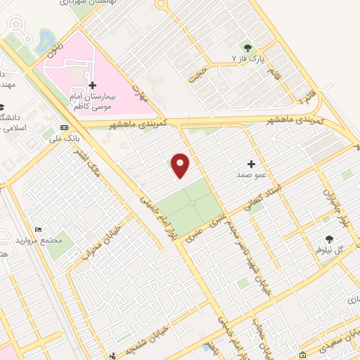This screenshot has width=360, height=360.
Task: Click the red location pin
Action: [x=181, y=165]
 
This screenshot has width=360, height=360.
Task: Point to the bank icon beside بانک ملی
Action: [x=64, y=128]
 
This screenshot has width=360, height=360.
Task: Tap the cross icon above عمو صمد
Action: [x=250, y=163]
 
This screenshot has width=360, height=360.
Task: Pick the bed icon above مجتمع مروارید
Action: [x=38, y=230]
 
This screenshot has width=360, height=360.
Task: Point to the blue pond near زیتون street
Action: [x=46, y=39]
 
